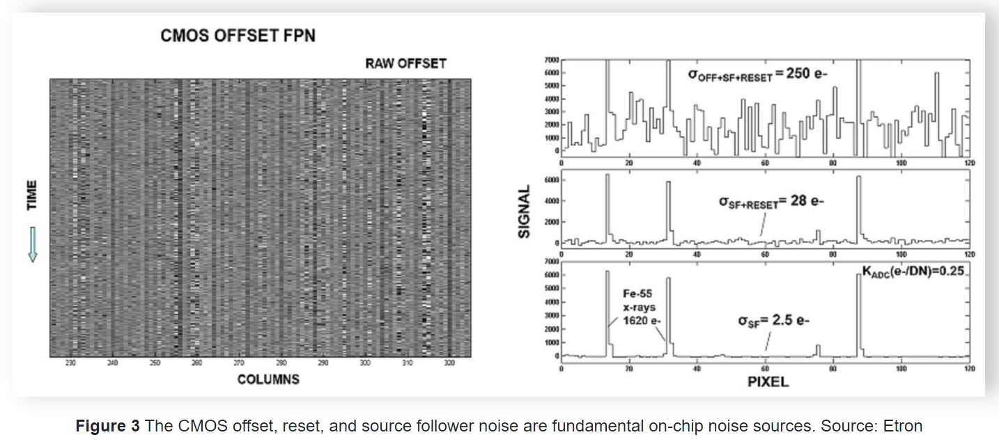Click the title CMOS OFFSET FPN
point(238,35)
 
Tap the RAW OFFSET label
point(405,64)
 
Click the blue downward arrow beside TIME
point(32,244)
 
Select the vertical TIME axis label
point(32,196)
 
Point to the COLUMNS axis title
point(268,379)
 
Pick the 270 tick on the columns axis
point(239,363)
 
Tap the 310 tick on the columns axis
point(408,363)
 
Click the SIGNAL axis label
point(525,212)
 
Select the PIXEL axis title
point(768,381)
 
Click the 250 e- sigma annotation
point(758,74)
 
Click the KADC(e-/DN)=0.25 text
point(913,271)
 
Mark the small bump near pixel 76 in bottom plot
point(819,349)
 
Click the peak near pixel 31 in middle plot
point(667,209)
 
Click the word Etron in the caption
point(904,426)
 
